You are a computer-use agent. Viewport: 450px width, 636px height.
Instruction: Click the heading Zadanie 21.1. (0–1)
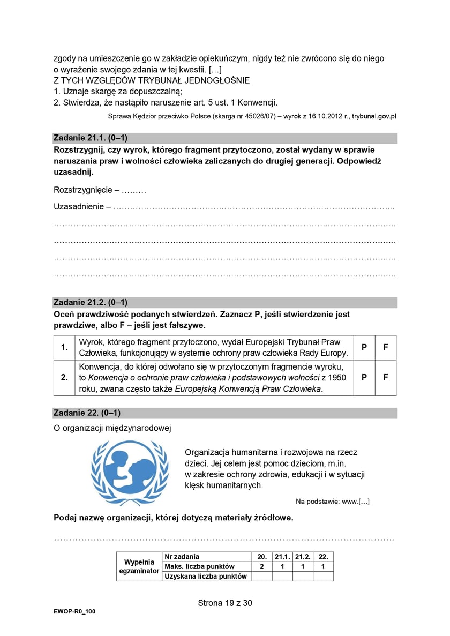click(x=91, y=137)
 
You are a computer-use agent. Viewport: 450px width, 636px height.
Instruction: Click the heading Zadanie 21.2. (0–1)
click(x=91, y=302)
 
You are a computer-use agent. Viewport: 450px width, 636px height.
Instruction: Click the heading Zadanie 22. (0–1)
click(x=87, y=413)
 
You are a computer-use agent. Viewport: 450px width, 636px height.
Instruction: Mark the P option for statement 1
click(x=364, y=347)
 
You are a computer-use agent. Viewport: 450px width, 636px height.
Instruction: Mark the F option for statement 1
click(x=385, y=347)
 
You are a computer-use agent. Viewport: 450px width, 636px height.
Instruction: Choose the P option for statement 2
click(x=364, y=377)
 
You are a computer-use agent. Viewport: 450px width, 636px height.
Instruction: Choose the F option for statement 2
click(x=385, y=377)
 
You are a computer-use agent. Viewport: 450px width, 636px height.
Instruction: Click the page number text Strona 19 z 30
click(x=225, y=603)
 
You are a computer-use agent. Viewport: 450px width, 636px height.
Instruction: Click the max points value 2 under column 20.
click(x=262, y=566)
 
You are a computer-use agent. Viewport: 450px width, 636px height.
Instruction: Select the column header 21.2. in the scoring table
click(x=303, y=557)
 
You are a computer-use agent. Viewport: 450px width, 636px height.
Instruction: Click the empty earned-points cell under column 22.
click(x=323, y=577)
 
